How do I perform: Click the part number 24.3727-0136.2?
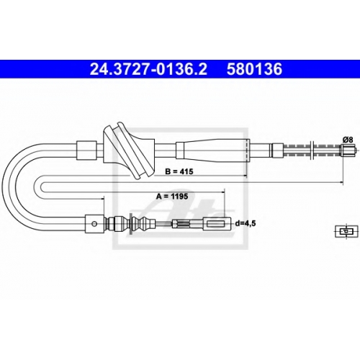tap(148, 69)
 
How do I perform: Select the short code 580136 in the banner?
tap(254, 69)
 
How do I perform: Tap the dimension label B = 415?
tap(179, 171)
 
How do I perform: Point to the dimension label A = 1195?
tap(172, 197)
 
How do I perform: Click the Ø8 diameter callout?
tap(348, 140)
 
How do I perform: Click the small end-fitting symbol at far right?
tap(346, 231)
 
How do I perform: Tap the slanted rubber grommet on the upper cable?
tap(128, 151)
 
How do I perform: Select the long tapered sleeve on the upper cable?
tap(212, 150)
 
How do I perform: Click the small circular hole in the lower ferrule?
tap(95, 224)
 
